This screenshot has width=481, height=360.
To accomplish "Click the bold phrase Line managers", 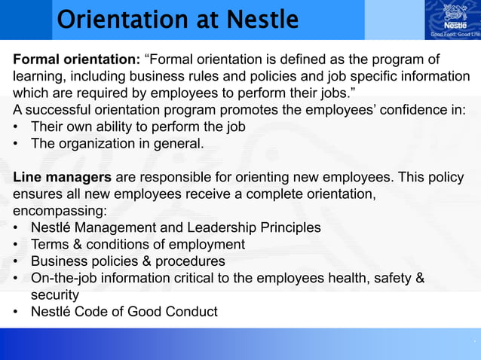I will click(62, 177).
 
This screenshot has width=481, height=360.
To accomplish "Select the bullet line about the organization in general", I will click(117, 143).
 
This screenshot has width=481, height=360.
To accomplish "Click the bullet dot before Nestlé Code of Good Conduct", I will click(17, 312).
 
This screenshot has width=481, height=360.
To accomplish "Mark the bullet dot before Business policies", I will click(17, 262).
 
